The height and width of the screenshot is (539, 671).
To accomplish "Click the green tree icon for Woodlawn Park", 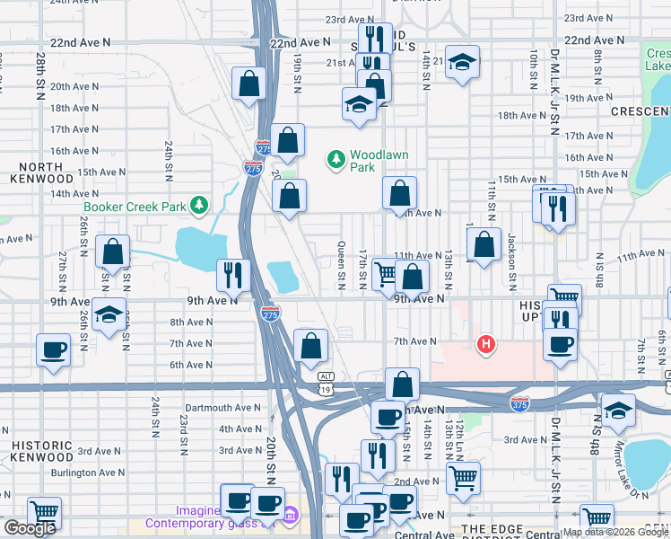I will coord(336,160).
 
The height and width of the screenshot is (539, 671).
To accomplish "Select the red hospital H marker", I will coord(486,344).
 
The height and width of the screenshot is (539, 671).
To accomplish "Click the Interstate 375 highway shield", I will coord(519,404).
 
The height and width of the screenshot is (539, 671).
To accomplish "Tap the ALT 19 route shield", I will coord(326,384).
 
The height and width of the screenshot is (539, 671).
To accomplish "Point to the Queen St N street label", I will coord(341,269).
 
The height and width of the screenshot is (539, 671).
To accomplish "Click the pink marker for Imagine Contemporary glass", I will coord(291,517).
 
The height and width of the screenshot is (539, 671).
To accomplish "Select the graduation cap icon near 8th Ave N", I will coord(109,315).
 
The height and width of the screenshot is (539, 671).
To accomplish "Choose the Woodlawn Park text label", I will coord(379,161).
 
